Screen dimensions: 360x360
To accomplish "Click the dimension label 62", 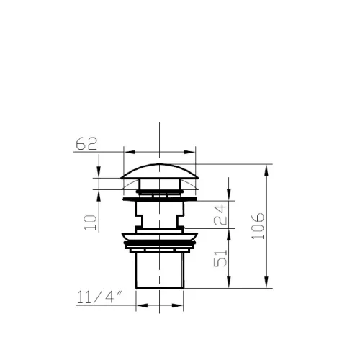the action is [x=86, y=144].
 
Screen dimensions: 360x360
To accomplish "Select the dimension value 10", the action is [x=90, y=222].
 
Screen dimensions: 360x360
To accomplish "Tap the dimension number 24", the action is [x=220, y=215].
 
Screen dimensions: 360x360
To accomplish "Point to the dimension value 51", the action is [x=220, y=258].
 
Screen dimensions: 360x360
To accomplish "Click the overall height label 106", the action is [x=258, y=226].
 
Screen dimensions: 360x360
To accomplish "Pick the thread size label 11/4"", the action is [x=99, y=297].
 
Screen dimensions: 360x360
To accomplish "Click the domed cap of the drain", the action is [x=160, y=171].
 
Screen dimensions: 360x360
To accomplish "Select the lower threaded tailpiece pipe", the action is [x=160, y=271].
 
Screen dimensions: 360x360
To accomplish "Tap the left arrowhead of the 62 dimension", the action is [x=130, y=152].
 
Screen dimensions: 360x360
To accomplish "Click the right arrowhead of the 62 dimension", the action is [x=189, y=152].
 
